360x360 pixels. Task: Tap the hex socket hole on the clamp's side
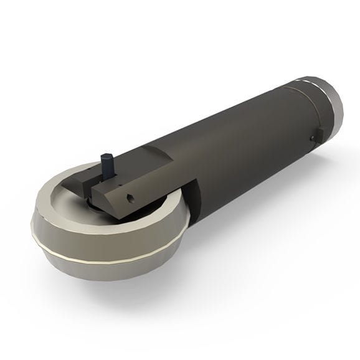[131, 199]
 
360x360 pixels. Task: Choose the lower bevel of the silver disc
[93, 268]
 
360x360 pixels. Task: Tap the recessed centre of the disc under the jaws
[93, 202]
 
